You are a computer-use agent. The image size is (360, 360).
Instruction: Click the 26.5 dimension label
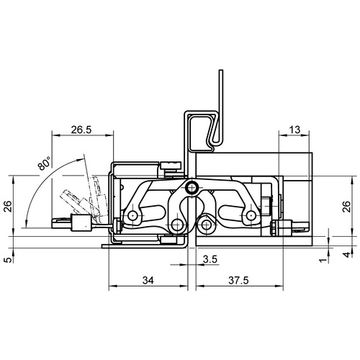[x=81, y=130]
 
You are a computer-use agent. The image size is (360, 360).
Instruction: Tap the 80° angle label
[x=45, y=163]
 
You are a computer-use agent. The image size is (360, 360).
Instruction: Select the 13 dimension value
[x=294, y=130]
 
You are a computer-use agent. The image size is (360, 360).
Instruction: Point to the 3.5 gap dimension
[x=210, y=259]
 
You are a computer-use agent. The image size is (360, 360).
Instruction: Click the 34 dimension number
[x=148, y=280]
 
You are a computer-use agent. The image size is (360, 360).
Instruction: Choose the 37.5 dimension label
[x=238, y=280]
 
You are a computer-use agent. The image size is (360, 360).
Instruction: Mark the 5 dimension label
[x=9, y=260]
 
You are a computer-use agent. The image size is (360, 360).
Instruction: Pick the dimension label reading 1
[x=324, y=260]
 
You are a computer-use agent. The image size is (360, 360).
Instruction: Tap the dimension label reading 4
[x=347, y=254]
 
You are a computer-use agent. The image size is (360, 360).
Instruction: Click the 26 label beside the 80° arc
[x=9, y=206]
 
